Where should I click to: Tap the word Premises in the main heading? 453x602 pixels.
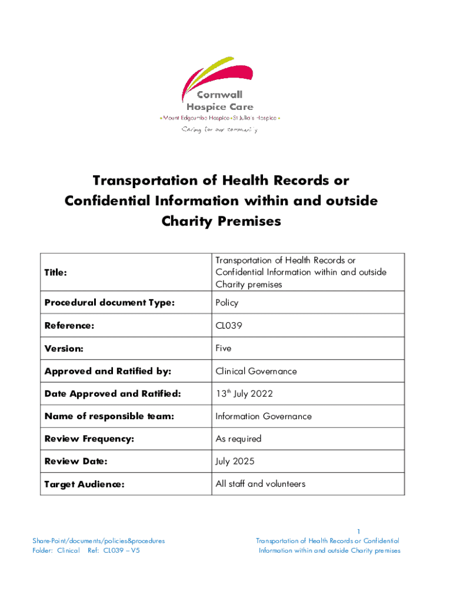249,221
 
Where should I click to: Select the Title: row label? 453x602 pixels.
56,273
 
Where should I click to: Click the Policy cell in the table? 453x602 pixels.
226,303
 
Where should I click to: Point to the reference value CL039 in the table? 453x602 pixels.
229,326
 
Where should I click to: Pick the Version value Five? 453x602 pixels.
224,348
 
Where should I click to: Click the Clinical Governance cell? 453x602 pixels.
256,371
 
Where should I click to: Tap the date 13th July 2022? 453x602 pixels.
244,393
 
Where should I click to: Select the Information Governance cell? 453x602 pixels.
264,416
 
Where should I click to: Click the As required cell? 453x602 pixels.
238,439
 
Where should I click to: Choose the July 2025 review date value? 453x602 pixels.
235,461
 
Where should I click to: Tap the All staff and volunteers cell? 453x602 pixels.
260,484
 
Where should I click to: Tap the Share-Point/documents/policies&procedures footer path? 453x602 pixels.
98,541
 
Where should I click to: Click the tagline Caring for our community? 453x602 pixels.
219,129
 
